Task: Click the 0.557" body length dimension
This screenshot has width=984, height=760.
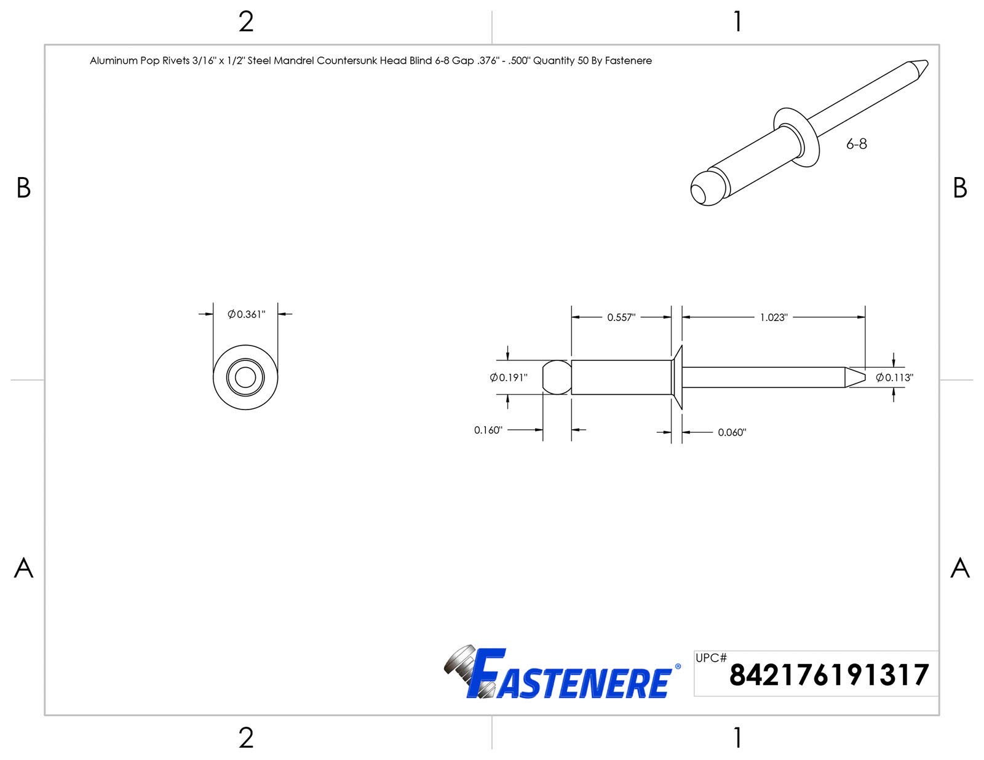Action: coord(621,317)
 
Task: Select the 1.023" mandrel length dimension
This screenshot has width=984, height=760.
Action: coord(773,317)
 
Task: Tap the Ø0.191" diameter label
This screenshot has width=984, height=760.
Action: coord(509,378)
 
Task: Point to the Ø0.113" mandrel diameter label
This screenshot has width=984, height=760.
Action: coord(895,378)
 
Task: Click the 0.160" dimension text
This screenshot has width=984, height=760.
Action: coord(488,430)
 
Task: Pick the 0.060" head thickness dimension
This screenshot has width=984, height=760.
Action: coord(732,432)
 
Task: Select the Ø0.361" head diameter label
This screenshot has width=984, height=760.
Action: coord(246,314)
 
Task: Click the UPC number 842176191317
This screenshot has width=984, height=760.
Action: coord(828,675)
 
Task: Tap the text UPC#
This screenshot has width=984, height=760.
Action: coord(711,658)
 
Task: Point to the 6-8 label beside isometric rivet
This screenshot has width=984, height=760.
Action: coord(856,144)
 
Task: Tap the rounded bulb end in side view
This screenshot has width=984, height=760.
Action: coord(556,377)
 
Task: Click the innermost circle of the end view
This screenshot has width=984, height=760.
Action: coord(245,378)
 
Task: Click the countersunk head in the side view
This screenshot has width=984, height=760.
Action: coord(676,377)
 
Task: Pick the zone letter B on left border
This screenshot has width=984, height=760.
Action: coord(23,188)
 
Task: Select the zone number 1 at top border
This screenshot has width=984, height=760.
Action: coord(737,22)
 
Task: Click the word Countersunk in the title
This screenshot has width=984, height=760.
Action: coord(346,61)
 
